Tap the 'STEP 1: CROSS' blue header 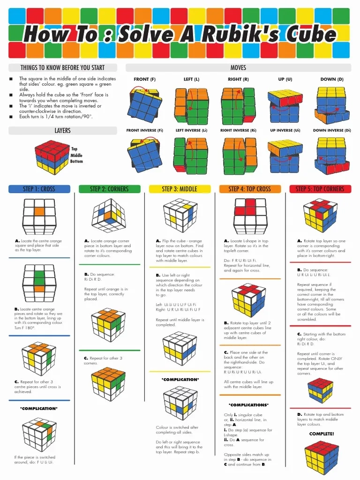(x=39, y=189)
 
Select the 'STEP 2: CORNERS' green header (x=109, y=189)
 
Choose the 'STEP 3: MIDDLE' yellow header (x=180, y=189)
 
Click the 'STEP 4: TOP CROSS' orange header (x=250, y=189)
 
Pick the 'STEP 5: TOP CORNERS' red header (x=320, y=189)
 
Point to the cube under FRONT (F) (x=144, y=105)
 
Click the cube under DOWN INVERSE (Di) (x=333, y=154)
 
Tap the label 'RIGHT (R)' (x=238, y=79)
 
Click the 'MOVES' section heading (x=238, y=67)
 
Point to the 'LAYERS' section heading (x=62, y=130)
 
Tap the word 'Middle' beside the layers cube (x=76, y=155)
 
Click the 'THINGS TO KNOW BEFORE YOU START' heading (x=62, y=67)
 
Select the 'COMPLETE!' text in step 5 (x=322, y=434)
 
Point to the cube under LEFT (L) (x=191, y=105)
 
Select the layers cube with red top (x=52, y=156)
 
